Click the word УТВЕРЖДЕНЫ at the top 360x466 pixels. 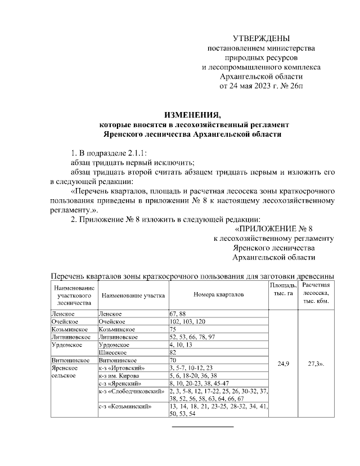tap(262, 38)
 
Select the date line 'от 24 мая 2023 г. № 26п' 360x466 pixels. tap(262, 86)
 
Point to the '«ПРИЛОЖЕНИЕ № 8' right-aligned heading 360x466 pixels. tap(273, 228)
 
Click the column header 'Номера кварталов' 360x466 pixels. tap(219, 294)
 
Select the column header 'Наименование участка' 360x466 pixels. tap(132, 294)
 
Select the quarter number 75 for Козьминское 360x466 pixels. tap(173, 328)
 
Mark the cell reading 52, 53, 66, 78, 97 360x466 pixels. tap(191, 336)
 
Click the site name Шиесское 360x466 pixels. tap(112, 352)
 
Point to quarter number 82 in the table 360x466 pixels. tap(173, 352)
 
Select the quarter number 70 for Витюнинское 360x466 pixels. tap(173, 360)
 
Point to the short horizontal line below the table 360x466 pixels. tap(202, 426)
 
